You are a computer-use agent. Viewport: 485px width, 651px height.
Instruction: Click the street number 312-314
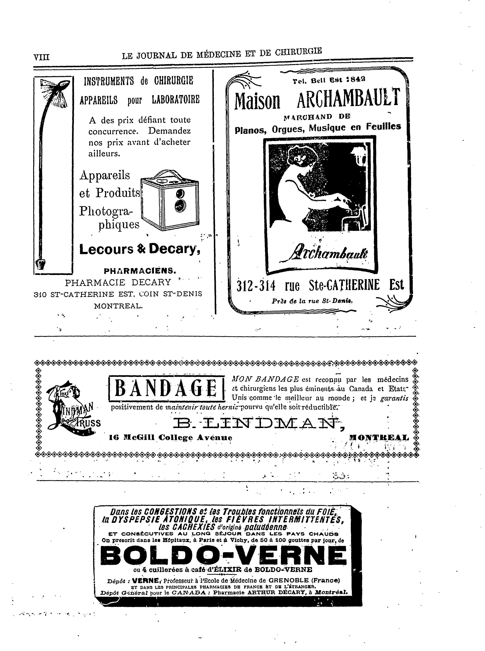(x=256, y=285)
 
